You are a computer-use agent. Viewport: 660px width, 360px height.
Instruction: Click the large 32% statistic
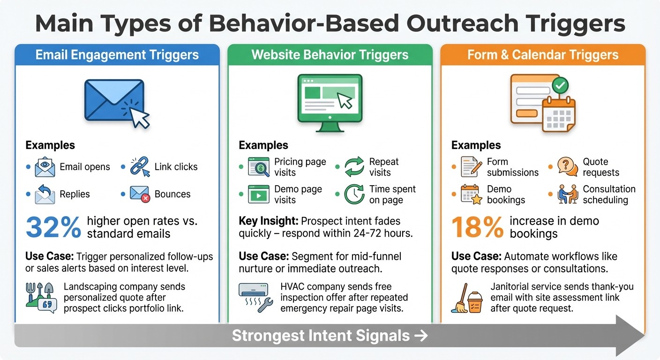(x=53, y=226)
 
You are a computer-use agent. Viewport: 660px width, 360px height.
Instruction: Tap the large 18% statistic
(x=478, y=226)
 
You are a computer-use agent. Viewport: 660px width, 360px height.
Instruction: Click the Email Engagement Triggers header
(x=117, y=55)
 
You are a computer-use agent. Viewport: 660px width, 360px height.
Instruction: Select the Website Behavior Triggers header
(x=330, y=55)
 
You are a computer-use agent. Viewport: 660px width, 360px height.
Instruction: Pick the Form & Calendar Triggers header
(x=543, y=55)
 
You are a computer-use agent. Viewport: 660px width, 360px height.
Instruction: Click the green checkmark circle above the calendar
(x=560, y=86)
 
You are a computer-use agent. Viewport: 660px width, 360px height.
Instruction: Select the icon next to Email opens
(x=45, y=167)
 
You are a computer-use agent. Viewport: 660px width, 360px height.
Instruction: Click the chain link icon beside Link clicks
(x=140, y=167)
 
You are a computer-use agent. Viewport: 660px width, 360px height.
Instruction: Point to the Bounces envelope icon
(x=140, y=194)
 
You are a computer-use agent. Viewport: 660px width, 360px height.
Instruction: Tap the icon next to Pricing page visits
(x=259, y=167)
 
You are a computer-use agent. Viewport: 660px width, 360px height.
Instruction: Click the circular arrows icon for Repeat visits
(x=354, y=167)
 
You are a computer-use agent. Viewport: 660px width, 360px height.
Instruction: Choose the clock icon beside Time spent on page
(x=354, y=194)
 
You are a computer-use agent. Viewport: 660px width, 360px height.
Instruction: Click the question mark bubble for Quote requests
(x=567, y=167)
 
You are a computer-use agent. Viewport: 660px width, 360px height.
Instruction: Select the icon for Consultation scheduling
(x=567, y=194)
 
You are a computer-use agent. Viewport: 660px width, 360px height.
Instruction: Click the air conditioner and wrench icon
(x=256, y=297)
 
